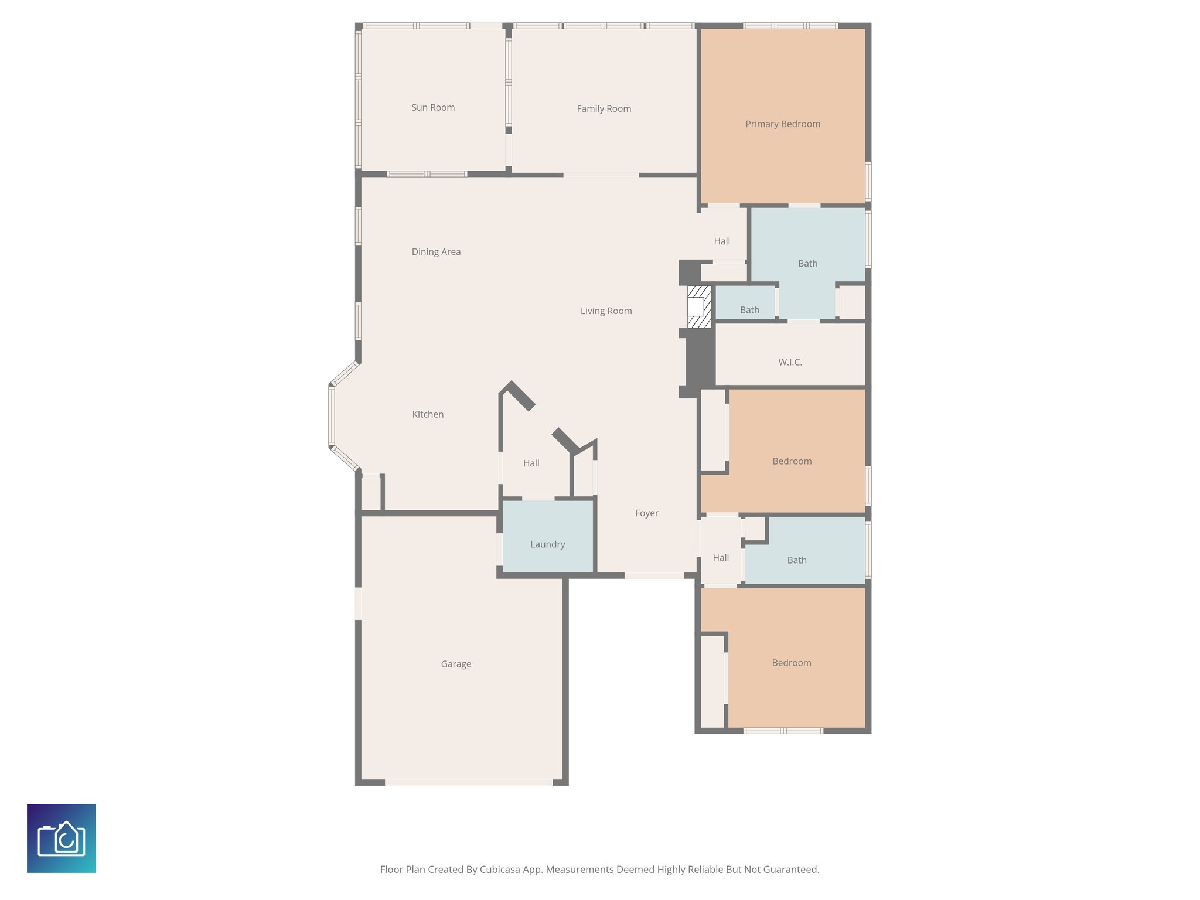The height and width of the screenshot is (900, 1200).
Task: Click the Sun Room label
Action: coord(433,108)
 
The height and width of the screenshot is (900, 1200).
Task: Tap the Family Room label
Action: coord(604,109)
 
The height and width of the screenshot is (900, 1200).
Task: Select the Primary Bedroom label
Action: coord(782,124)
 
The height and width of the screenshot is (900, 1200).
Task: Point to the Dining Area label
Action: coord(436,252)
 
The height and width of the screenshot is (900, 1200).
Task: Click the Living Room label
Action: coord(606,311)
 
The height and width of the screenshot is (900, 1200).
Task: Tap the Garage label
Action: coord(456,664)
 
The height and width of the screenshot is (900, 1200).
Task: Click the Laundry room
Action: coord(548,544)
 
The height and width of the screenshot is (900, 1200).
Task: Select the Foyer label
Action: coord(646,513)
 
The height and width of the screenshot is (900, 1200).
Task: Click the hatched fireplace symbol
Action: coord(699,307)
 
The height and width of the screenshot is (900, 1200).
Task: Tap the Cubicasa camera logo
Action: coord(62,838)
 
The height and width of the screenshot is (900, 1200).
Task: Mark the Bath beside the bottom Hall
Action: coord(796,560)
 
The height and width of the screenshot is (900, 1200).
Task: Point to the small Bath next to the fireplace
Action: coord(749,310)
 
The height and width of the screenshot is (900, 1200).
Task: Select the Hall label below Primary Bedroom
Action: coord(722,241)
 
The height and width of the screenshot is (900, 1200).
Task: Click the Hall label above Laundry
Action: coord(531,463)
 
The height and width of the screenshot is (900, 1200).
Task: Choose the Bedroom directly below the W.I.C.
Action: coord(792,461)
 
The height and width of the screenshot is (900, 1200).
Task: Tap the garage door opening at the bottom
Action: coord(469,783)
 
